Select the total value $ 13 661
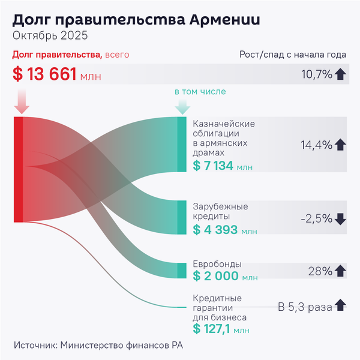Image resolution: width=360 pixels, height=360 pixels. tap(44, 74)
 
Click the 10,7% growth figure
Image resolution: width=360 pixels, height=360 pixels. tap(317, 74)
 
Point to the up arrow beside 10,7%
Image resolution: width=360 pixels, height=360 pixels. tap(341, 74)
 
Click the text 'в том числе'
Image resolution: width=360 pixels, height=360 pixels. tap(200, 92)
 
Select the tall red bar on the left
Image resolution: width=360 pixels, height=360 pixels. tap(18, 170)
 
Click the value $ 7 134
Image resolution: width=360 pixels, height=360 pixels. tap(213, 166)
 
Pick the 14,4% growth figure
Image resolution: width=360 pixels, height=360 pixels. tap(317, 145)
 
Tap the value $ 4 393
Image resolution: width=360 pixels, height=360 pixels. tap(215, 229)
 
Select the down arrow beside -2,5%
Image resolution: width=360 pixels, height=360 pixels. tap(341, 219)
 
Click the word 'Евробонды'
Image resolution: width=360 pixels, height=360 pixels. tap(217, 264)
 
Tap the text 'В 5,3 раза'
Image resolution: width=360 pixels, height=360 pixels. tap(304, 307)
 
